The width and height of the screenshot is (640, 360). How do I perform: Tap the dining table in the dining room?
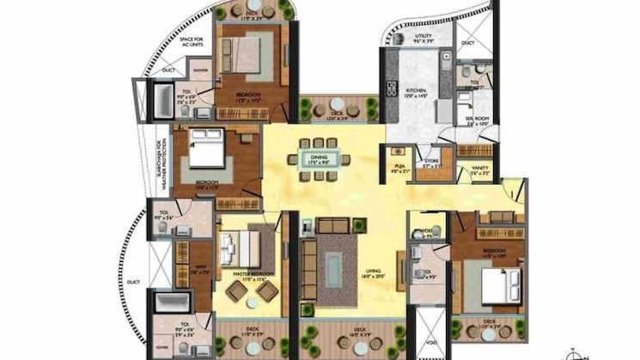pos(319,159)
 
